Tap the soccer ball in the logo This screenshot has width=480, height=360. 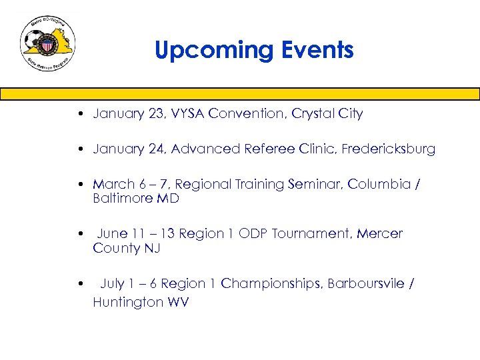33,42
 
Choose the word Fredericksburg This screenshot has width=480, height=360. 388,149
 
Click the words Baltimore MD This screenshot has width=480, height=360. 136,199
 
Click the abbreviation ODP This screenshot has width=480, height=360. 253,234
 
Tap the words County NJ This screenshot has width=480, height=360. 126,249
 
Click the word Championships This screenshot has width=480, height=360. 271,284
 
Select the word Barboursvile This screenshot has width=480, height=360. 365,284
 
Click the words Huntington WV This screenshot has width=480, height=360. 141,303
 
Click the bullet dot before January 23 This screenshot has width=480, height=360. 79,114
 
